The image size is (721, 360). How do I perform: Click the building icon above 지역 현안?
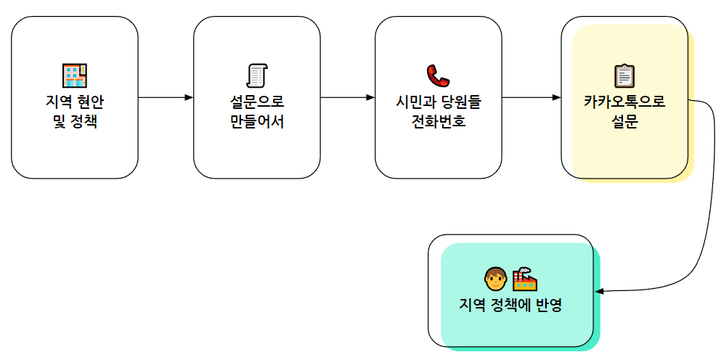point(74,75)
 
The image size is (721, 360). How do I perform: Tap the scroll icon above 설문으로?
point(256,75)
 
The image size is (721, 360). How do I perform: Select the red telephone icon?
point(438,75)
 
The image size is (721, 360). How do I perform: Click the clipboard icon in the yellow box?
point(624,75)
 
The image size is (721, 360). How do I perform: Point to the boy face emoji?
point(494,278)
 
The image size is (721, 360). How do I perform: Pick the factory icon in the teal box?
point(524,278)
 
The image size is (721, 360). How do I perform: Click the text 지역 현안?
point(74,102)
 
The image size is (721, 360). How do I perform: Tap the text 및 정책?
point(74,121)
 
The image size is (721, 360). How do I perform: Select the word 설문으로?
point(256,102)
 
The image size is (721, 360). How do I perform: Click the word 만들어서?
point(256,121)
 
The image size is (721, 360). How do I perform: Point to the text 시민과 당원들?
point(438,102)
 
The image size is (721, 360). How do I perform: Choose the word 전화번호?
point(438,121)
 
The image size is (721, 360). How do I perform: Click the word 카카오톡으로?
point(624,102)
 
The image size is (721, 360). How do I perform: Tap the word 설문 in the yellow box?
point(624,121)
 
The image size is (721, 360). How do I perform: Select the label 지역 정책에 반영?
point(510,306)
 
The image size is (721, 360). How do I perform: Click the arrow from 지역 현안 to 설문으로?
point(166,97)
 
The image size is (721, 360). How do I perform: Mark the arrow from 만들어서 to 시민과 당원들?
point(347,97)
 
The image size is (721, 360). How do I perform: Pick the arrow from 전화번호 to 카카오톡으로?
point(531,97)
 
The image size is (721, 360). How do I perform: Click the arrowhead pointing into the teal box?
point(600,291)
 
